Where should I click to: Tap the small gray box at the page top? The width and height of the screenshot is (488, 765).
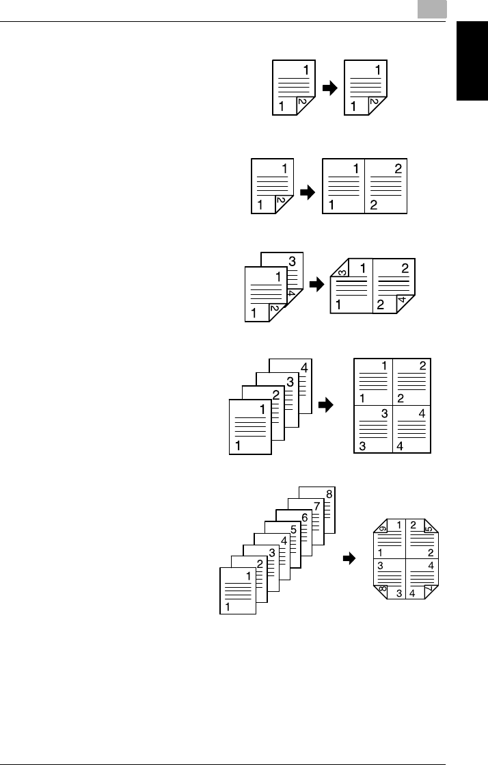tap(433, 9)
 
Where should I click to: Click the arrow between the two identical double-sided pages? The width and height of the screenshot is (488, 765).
tap(329, 89)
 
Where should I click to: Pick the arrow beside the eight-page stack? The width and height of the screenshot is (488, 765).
tap(350, 559)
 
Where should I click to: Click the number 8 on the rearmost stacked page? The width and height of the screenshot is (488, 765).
tap(329, 494)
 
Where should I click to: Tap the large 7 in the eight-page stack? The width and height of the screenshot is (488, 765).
tap(316, 506)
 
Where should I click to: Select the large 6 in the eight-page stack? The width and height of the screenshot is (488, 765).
tap(304, 519)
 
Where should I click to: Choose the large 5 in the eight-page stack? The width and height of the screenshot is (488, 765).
tap(293, 530)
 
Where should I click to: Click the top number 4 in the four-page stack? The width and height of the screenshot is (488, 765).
tap(303, 367)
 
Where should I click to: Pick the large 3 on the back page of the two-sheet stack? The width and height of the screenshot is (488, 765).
tap(292, 261)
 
